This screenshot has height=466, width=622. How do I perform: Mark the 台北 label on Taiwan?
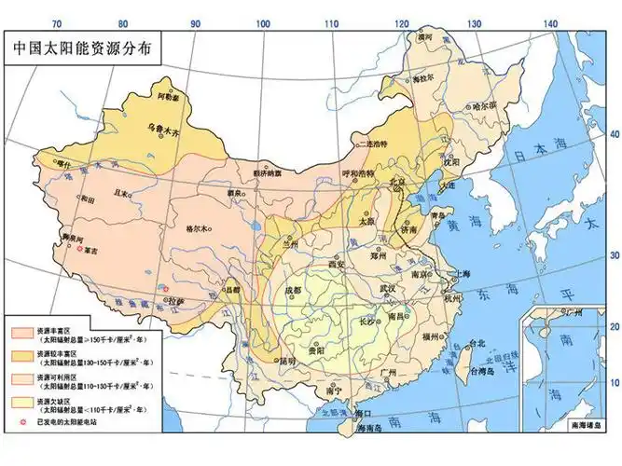click(x=477, y=343)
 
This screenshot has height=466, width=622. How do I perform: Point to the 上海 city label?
click(x=459, y=274)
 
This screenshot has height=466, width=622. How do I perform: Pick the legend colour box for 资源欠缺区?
click(x=23, y=403)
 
